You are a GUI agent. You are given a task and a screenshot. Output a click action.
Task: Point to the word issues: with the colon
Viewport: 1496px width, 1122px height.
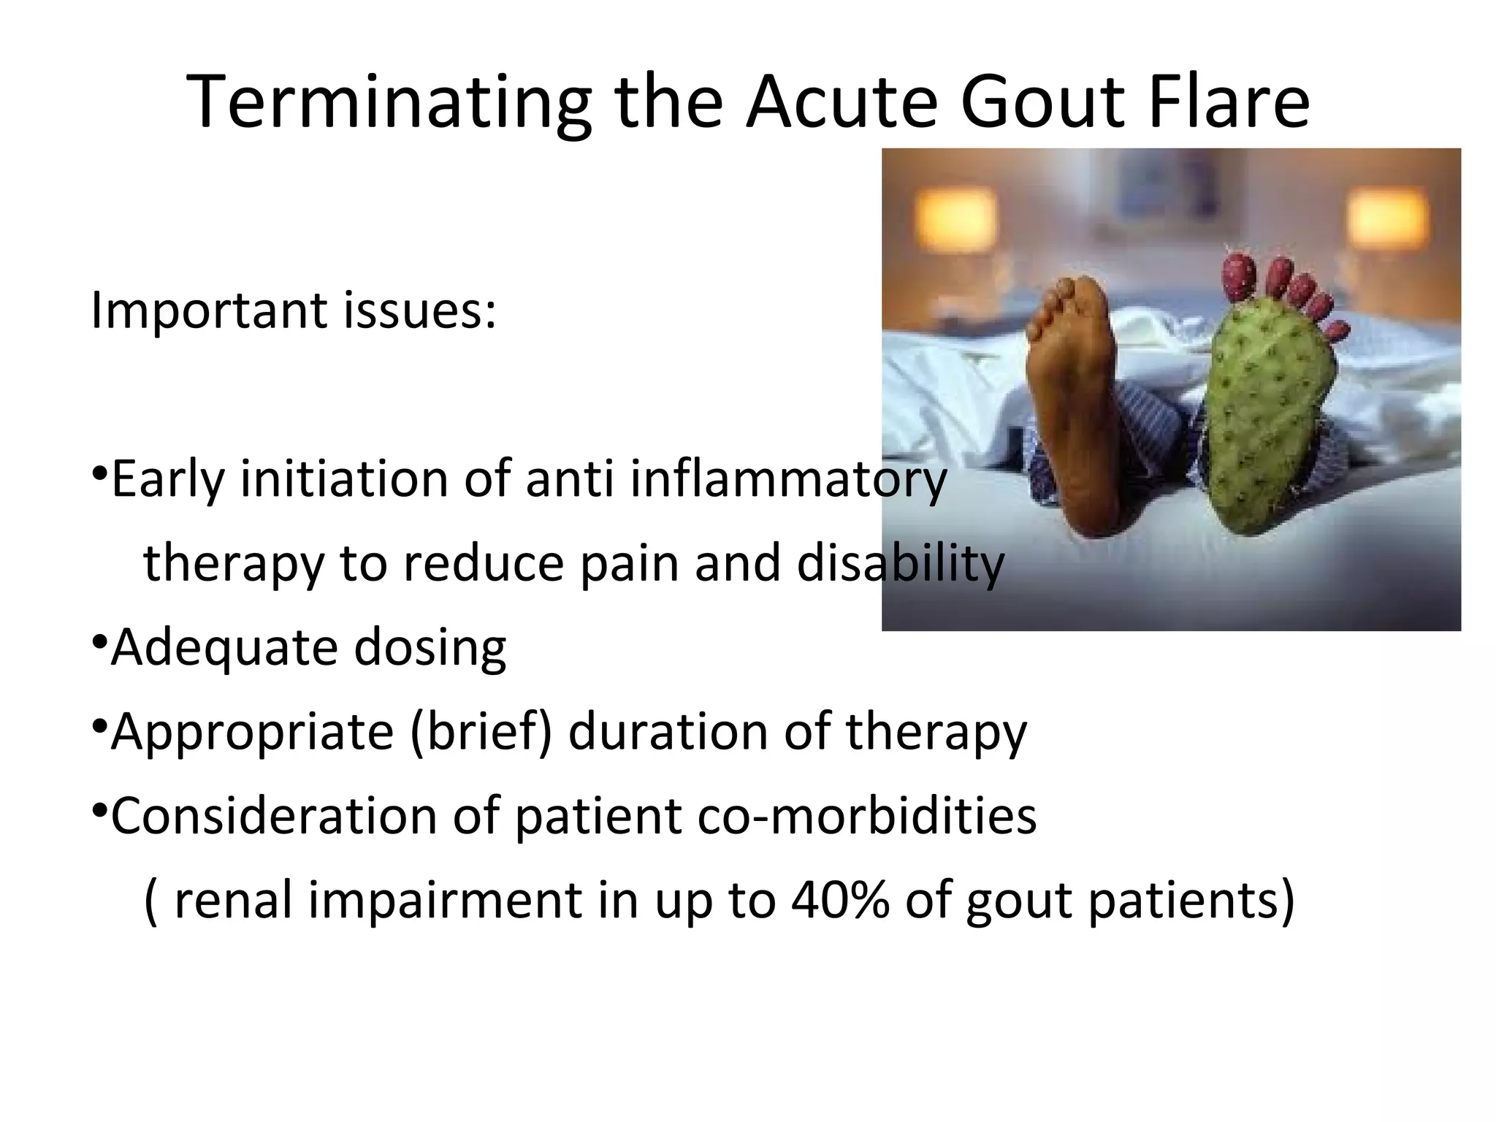[419, 310]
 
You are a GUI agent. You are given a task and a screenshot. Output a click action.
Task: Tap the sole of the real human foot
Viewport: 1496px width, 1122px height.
[1074, 409]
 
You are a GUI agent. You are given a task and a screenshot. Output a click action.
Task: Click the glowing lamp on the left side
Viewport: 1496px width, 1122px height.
[958, 215]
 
